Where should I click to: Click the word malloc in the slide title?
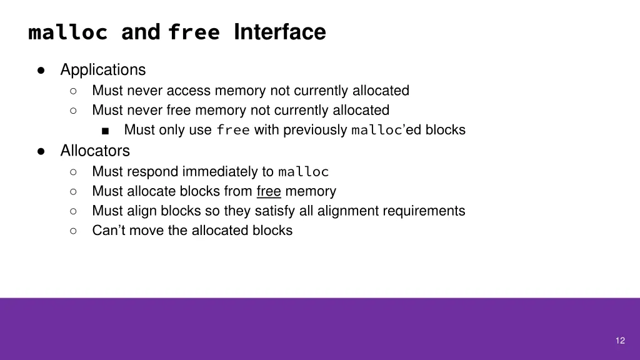point(68,32)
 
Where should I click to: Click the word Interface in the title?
point(279,32)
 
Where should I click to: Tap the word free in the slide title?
point(194,32)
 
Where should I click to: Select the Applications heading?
point(103,69)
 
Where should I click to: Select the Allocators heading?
point(95,151)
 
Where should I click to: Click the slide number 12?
point(620,340)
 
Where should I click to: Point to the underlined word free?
point(269,191)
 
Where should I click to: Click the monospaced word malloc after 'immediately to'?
point(303,172)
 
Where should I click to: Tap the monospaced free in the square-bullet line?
point(233,131)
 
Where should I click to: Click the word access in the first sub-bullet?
point(189,91)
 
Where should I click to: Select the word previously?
point(315,130)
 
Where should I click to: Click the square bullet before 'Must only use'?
point(105,131)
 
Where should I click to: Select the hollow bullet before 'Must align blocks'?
point(73,211)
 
